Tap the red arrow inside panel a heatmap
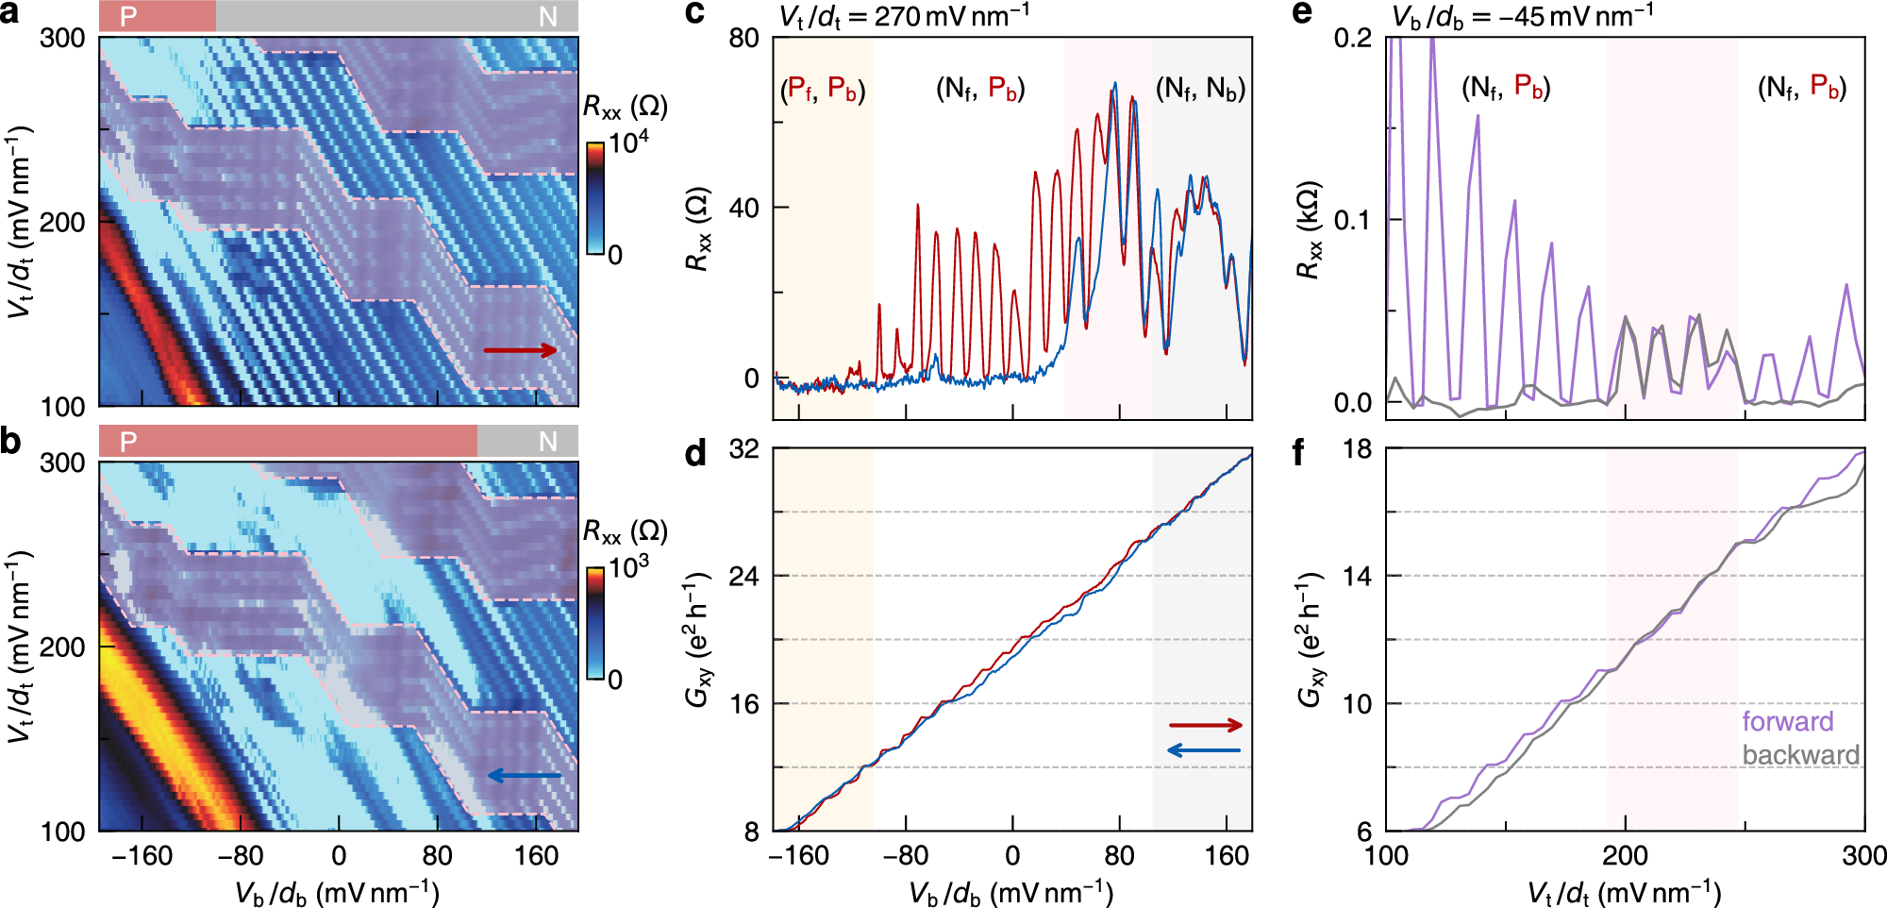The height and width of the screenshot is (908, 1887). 520,350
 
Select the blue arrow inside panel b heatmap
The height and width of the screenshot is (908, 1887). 524,776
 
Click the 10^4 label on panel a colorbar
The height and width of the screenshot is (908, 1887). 628,143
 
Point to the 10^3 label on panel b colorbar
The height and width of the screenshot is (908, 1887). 628,568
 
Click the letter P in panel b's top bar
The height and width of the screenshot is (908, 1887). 128,442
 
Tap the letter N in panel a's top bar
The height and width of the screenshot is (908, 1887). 547,17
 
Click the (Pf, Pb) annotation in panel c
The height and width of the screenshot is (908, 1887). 823,90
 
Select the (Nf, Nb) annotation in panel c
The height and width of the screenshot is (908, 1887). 1200,90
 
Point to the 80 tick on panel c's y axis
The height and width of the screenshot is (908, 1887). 743,39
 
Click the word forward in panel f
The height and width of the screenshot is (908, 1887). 1787,722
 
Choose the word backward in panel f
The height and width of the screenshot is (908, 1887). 1800,755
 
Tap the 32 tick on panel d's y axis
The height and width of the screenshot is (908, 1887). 743,449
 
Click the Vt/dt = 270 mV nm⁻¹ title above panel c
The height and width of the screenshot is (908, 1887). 904,16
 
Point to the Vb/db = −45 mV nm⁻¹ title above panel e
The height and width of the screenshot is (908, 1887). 1522,16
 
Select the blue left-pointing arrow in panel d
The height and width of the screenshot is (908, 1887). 1203,750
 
